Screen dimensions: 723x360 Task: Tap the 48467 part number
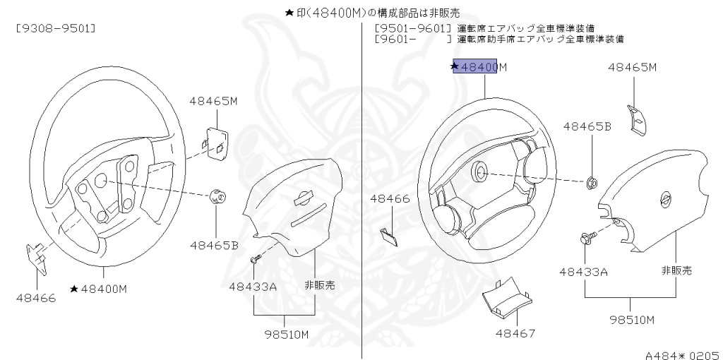tap(515, 332)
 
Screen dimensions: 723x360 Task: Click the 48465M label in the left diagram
tap(213, 101)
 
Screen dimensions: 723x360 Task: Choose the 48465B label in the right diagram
tap(587, 126)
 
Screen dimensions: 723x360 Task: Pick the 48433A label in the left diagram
tap(252, 286)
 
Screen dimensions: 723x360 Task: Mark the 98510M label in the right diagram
tap(633, 319)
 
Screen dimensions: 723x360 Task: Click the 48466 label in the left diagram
tap(36, 297)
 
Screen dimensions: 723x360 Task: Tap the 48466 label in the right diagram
tap(390, 199)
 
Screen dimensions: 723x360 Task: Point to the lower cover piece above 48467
tap(505, 300)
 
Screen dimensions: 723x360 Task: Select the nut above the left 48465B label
tap(218, 197)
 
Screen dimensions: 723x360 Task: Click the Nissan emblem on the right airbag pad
tap(664, 200)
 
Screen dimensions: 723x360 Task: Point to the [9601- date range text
tap(395, 40)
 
